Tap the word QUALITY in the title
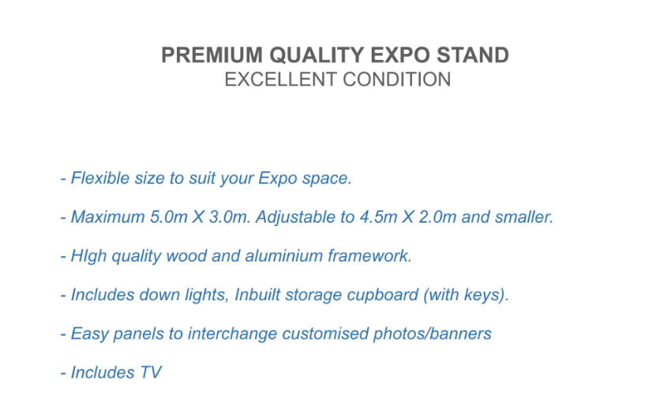(x=317, y=55)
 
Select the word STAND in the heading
(x=472, y=55)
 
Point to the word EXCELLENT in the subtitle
(x=281, y=80)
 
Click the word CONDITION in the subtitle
(x=397, y=80)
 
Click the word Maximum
(x=108, y=217)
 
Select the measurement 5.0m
(x=169, y=217)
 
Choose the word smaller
(x=524, y=217)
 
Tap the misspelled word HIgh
(x=88, y=257)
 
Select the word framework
(x=369, y=256)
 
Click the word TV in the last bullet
(x=150, y=372)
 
